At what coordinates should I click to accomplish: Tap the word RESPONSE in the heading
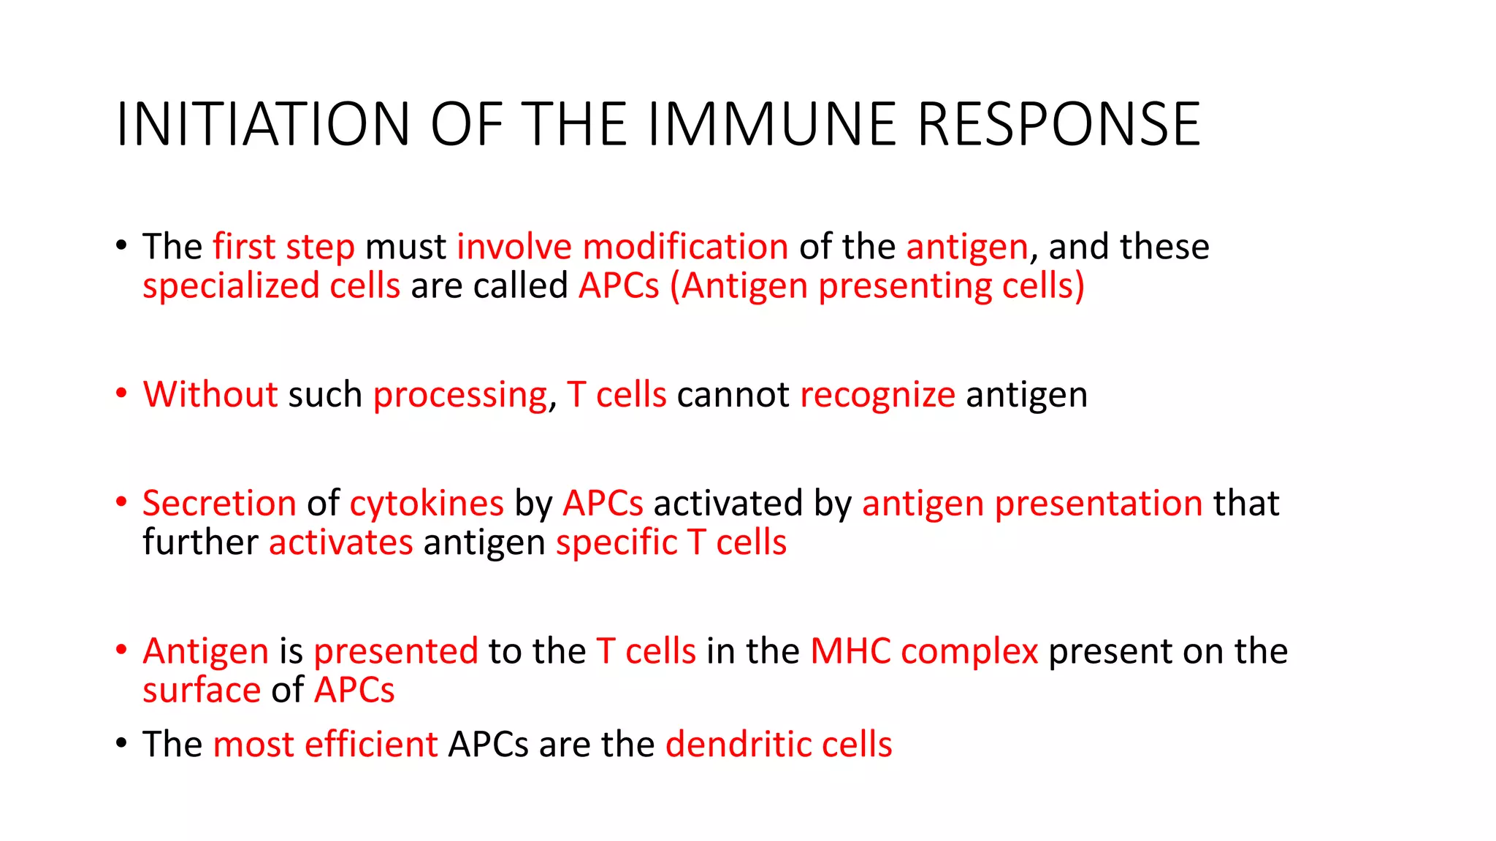[x=1058, y=124]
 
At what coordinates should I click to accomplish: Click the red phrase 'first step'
[x=283, y=247]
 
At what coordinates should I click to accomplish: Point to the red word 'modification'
[x=685, y=247]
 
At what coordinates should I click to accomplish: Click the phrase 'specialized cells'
[x=271, y=285]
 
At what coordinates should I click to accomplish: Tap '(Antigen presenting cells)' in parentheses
[x=877, y=285]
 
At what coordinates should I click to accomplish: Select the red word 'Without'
[x=210, y=395]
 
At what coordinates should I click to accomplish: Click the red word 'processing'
[x=460, y=395]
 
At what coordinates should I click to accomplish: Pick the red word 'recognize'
[x=877, y=395]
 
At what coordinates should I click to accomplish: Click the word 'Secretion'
[x=219, y=504]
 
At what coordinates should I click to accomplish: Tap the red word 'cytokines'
[x=427, y=504]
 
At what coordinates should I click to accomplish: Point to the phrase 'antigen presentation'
[x=1032, y=504]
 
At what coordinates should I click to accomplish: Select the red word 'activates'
[x=340, y=543]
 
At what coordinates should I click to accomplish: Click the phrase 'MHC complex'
[x=924, y=651]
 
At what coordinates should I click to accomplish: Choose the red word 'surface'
[x=202, y=691]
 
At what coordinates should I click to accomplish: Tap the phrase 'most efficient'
[x=325, y=745]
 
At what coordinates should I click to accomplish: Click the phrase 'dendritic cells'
[x=779, y=745]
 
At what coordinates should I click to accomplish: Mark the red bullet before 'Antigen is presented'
[x=121, y=650]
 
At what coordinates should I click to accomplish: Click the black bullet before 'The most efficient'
[x=121, y=743]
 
